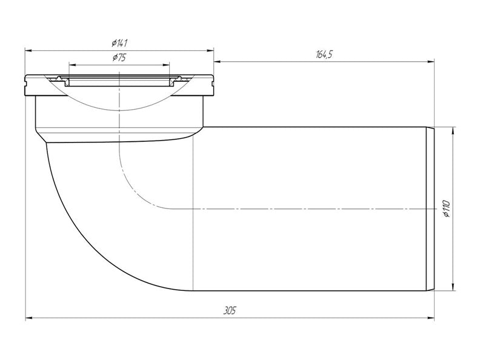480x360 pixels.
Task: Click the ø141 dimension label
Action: [x=119, y=43]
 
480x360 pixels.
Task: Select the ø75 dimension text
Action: [x=119, y=57]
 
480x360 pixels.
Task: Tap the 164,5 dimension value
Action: [x=324, y=55]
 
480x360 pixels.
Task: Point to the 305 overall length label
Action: [x=230, y=311]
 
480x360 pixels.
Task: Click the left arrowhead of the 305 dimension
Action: [x=28, y=318]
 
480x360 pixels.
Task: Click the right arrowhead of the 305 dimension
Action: [x=431, y=318]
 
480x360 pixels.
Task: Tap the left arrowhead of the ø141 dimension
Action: [x=28, y=50]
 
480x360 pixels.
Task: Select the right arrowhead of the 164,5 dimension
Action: [x=431, y=62]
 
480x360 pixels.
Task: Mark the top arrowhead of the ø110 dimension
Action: [x=453, y=130]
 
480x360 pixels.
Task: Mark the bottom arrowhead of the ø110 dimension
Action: [x=453, y=287]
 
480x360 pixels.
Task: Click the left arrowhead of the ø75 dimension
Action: [x=73, y=65]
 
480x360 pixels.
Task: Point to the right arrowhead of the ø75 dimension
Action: [x=166, y=65]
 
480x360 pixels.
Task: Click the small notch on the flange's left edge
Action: [x=25, y=81]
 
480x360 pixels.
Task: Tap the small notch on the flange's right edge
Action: [x=213, y=81]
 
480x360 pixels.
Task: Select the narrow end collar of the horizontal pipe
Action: [x=430, y=208]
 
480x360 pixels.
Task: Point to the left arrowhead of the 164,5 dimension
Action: [x=218, y=62]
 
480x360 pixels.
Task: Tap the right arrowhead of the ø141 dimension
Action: [x=210, y=50]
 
